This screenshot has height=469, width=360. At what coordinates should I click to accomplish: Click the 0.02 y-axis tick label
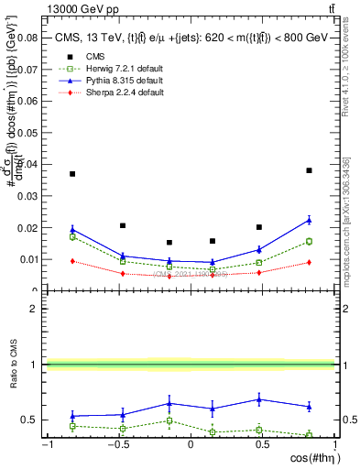point(30,228)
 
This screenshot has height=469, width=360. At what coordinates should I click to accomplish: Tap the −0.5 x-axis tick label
point(118,444)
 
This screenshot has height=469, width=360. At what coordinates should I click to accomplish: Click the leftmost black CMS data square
point(72,174)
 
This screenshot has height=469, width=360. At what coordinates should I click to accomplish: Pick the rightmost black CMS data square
point(309,170)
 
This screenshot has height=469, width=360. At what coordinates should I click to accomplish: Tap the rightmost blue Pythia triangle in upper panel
point(309,220)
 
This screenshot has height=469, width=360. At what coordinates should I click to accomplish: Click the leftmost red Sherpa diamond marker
point(72,261)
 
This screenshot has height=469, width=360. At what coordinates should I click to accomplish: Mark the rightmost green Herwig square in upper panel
point(309,242)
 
